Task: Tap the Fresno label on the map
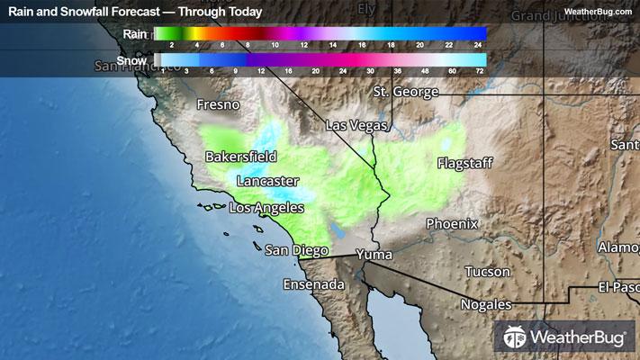tap(219, 105)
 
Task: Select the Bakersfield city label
tap(240, 157)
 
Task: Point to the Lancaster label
tap(267, 181)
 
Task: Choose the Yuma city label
tap(374, 256)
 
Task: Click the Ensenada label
tap(313, 284)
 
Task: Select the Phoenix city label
tap(452, 223)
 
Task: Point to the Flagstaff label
tap(464, 164)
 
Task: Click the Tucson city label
tap(487, 272)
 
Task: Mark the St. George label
tap(406, 92)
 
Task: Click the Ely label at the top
tap(365, 9)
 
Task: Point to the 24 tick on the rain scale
tap(480, 43)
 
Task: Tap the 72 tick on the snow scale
tap(480, 70)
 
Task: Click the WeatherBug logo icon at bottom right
tap(515, 337)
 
